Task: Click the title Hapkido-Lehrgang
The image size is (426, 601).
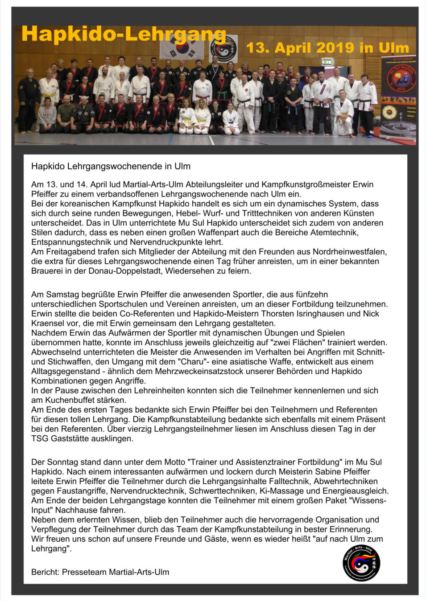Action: coord(124,34)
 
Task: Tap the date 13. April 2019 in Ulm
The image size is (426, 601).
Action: coord(327,48)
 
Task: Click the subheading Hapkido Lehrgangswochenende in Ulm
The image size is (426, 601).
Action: coord(111,166)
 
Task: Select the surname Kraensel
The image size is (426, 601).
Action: coord(48,323)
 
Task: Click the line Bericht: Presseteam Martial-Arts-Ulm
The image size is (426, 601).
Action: coord(100,572)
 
